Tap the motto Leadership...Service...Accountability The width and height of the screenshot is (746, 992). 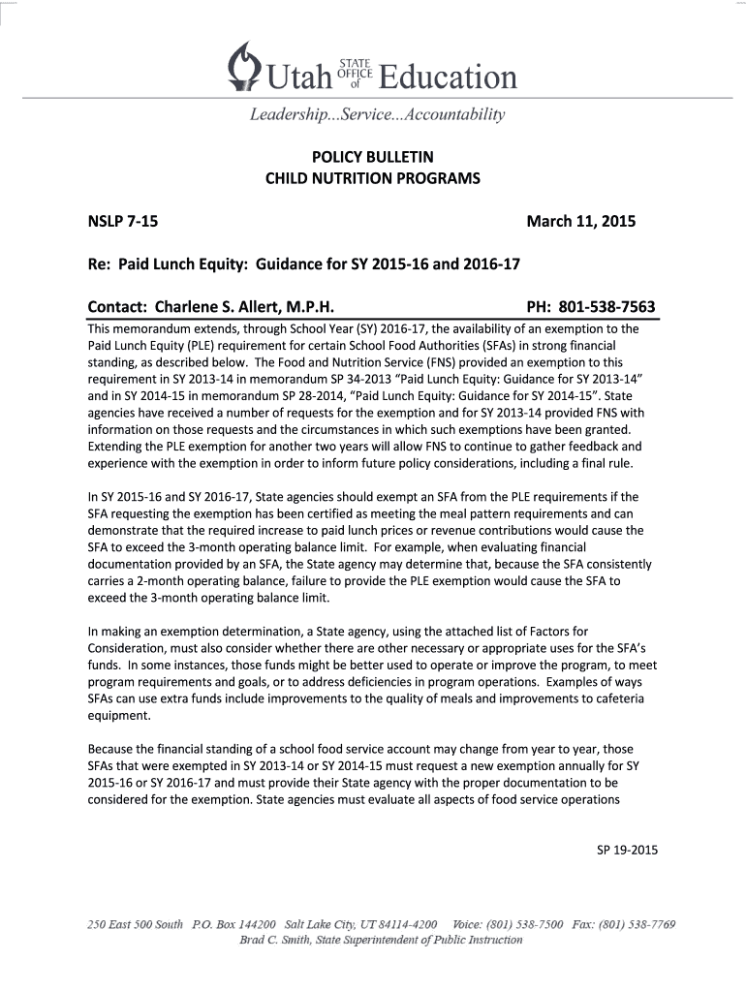click(378, 116)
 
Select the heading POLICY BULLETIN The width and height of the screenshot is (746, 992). click(373, 157)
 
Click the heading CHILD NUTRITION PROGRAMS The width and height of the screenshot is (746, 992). click(373, 179)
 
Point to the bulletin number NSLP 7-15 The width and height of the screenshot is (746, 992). click(123, 222)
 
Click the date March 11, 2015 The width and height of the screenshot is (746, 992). click(580, 222)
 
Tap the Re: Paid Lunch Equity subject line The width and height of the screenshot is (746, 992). click(306, 264)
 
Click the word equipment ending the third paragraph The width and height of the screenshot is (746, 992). click(119, 718)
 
